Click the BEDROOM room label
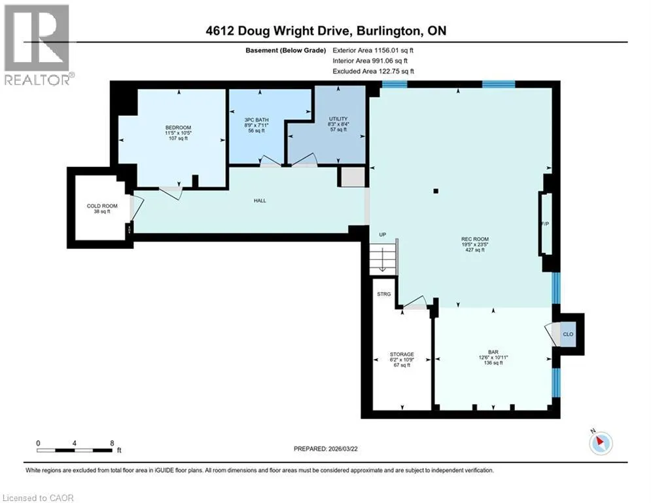(x=178, y=128)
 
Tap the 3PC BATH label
(x=256, y=120)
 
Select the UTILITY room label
(x=338, y=119)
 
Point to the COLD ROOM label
(x=102, y=206)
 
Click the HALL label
(x=260, y=200)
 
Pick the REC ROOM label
(x=475, y=239)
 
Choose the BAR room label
(x=493, y=352)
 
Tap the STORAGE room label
(x=402, y=354)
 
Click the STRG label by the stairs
(x=384, y=294)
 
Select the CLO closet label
(x=568, y=334)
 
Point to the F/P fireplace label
(x=545, y=223)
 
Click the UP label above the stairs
(x=382, y=234)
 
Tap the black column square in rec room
(x=436, y=191)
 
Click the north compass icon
(x=601, y=443)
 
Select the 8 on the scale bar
(x=112, y=443)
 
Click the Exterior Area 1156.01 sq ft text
(x=373, y=50)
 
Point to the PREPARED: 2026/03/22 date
(x=326, y=449)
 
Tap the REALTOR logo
(x=38, y=45)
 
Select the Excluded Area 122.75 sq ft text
(x=373, y=71)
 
